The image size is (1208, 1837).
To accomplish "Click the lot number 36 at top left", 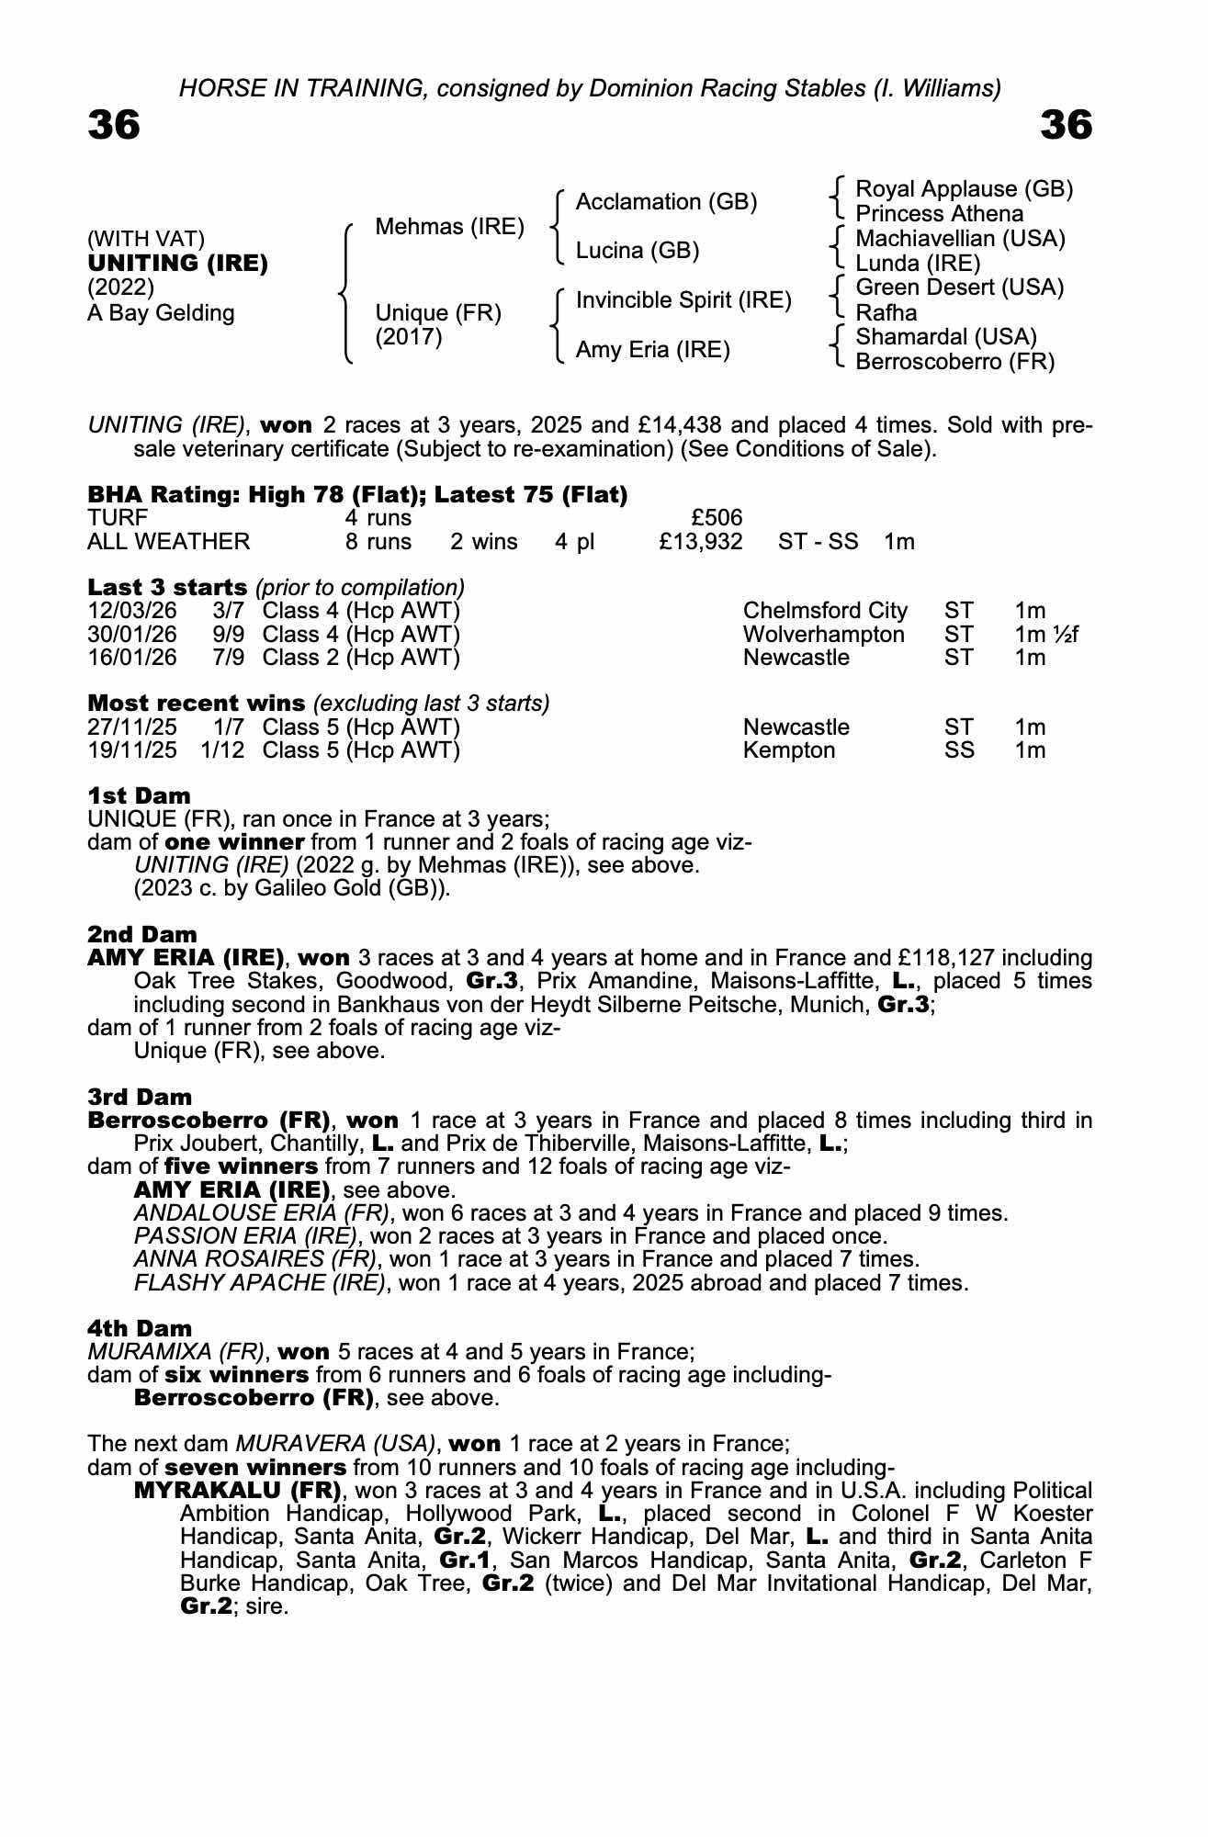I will (x=114, y=126).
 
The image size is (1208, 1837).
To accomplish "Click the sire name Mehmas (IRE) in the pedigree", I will (x=449, y=227).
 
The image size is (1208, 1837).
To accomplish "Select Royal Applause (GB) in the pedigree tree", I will (x=964, y=189).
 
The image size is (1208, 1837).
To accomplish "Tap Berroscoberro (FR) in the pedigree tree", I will (x=954, y=362).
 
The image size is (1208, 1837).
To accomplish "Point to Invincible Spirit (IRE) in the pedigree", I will (x=683, y=300).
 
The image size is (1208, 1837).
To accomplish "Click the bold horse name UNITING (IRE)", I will (x=177, y=264).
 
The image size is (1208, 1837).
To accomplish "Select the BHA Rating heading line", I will (x=357, y=495).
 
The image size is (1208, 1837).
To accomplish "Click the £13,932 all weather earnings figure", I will (x=700, y=542).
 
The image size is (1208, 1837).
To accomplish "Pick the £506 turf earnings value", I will (x=717, y=519).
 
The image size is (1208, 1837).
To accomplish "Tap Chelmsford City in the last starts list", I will (x=824, y=611).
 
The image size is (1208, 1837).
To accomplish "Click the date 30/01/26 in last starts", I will (x=131, y=635).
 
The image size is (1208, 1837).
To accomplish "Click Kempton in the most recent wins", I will (x=788, y=750).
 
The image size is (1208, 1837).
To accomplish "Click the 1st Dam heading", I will (x=139, y=795).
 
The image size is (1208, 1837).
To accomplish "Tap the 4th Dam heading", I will (x=140, y=1328).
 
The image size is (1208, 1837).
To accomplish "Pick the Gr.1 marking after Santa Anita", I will (x=468, y=1561).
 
